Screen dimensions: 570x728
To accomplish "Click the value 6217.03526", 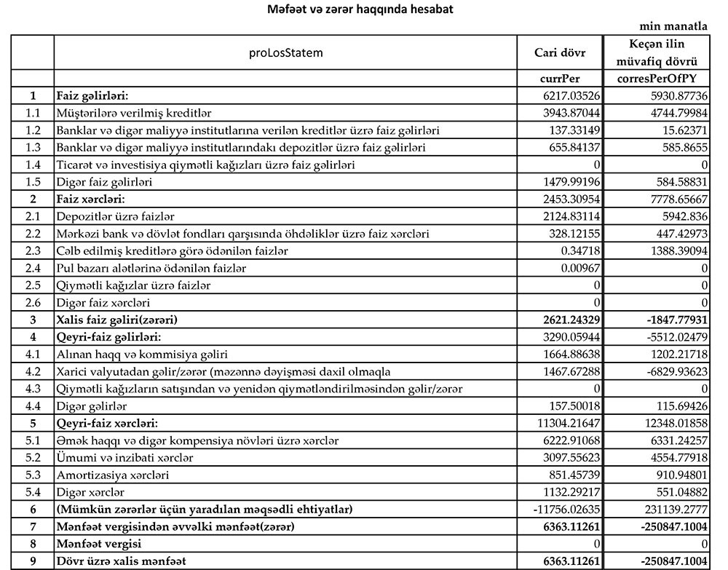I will [568, 96].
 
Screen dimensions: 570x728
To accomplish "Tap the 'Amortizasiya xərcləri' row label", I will [112, 475].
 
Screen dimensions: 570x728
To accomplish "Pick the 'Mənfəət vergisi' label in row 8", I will [100, 544].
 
